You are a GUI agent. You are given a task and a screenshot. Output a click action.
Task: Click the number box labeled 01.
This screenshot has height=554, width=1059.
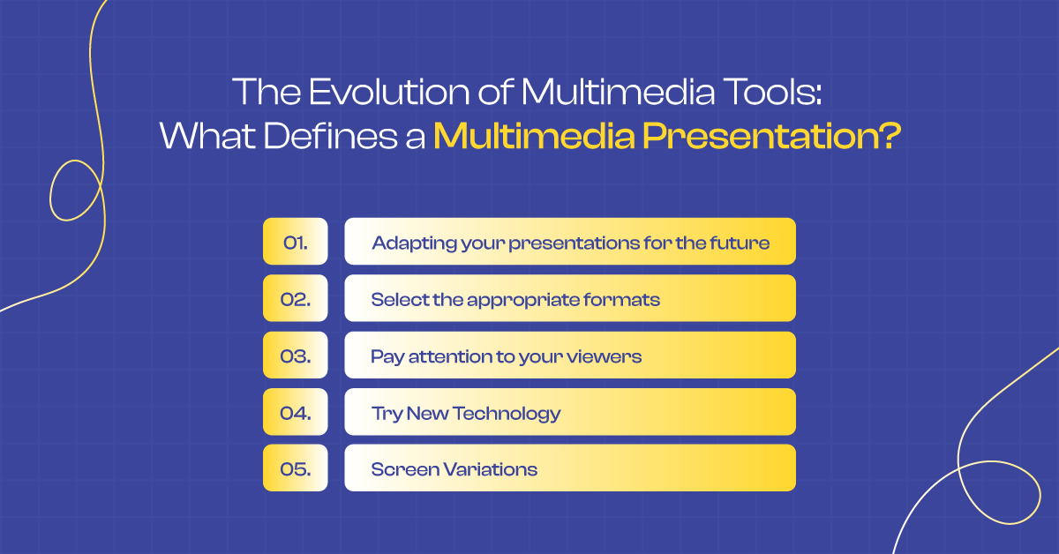coord(295,242)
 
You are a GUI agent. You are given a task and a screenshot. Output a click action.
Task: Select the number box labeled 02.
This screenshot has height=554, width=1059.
coord(295,298)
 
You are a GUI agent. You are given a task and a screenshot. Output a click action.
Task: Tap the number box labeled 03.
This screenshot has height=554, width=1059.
coord(295,356)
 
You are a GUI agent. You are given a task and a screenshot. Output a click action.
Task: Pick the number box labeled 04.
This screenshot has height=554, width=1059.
coord(295,412)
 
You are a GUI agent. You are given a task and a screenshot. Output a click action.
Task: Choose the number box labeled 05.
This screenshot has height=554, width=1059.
coord(295,468)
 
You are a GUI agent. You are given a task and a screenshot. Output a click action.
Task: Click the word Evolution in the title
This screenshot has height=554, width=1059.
coord(370,93)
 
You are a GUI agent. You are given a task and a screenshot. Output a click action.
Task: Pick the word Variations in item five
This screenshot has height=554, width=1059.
coord(486,469)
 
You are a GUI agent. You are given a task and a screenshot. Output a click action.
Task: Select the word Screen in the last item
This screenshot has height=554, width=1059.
coord(400,469)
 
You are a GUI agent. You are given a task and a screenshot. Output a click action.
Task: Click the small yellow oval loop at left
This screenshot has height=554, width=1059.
coord(65,190)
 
